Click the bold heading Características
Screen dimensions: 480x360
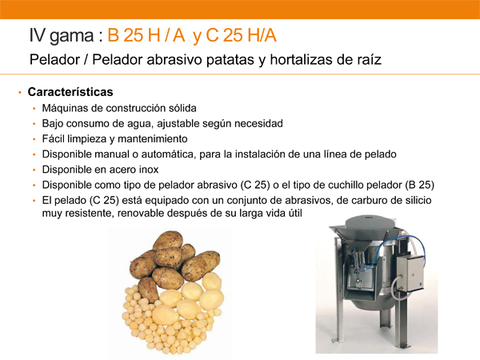(70, 92)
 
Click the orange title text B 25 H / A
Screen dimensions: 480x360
(146, 35)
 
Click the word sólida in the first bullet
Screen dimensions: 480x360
(182, 108)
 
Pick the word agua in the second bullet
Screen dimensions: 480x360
(141, 124)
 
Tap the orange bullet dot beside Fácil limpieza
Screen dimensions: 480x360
(34, 139)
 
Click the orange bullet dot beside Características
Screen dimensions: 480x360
(20, 92)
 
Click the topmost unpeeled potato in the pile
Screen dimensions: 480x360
(168, 240)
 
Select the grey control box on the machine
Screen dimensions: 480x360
(410, 274)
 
